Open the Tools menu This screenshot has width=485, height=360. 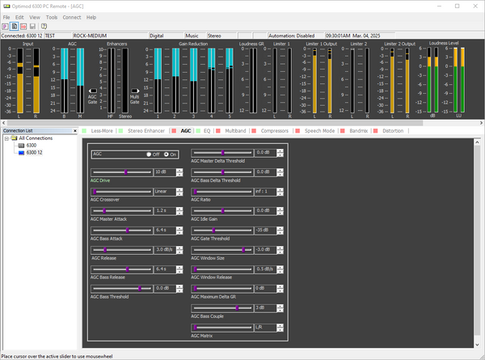[52, 16]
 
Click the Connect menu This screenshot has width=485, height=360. [72, 16]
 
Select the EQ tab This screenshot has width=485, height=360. [207, 130]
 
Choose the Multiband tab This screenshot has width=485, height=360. [235, 130]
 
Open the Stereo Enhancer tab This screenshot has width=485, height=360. [145, 130]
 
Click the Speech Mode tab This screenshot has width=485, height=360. [319, 130]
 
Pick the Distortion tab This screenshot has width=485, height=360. [393, 130]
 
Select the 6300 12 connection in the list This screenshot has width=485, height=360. [34, 152]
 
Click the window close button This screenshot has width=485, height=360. [475, 5]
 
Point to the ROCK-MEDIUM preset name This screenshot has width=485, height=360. [91, 36]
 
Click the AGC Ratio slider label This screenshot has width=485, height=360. [202, 199]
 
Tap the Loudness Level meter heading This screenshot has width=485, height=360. [444, 41]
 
